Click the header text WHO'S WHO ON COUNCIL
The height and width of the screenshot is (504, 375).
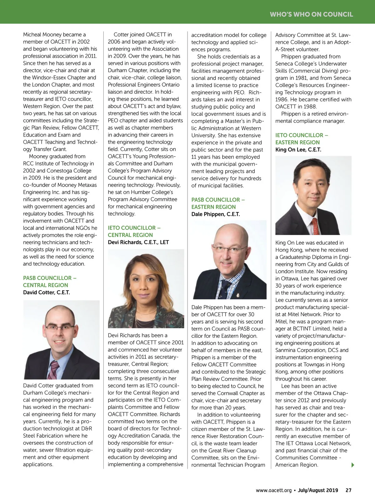[x=311, y=14]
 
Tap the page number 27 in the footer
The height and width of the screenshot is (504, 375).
[x=348, y=490]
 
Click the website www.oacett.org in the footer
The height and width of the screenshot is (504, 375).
[x=273, y=490]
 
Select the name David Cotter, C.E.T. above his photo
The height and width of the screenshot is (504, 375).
[x=46, y=292]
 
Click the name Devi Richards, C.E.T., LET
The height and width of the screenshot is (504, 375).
[x=138, y=242]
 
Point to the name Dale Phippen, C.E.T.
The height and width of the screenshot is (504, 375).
[x=216, y=214]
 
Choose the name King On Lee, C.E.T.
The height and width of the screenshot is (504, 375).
[x=298, y=150]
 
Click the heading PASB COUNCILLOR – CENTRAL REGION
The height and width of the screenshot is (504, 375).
[x=49, y=282]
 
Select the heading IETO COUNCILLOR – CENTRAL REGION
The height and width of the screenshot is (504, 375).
[x=134, y=232]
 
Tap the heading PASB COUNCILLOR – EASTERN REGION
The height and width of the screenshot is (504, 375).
[x=218, y=203]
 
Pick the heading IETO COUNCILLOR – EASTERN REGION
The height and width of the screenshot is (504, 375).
[x=302, y=139]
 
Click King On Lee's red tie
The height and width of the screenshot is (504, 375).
[x=316, y=226]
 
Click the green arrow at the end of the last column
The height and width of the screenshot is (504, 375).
[x=353, y=465]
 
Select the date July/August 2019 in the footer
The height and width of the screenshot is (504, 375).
[x=318, y=490]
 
